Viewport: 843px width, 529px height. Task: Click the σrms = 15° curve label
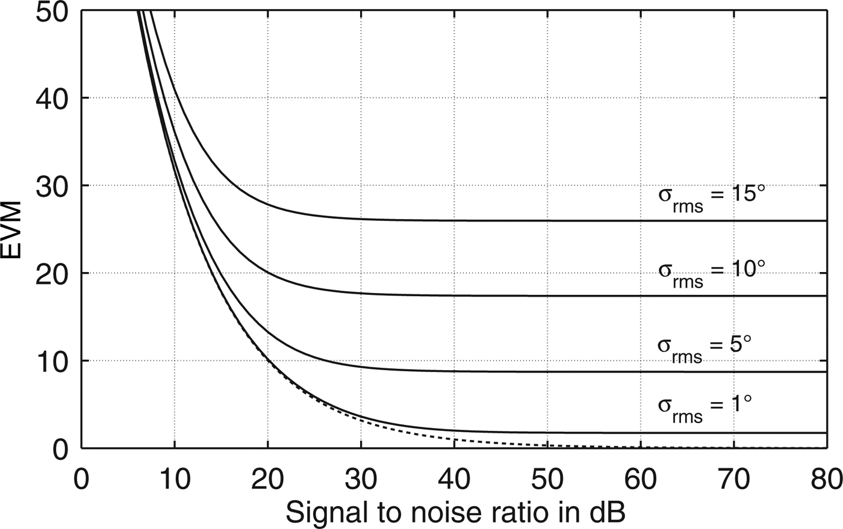pyautogui.click(x=711, y=199)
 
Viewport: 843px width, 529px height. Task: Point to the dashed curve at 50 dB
pyautogui.click(x=547, y=446)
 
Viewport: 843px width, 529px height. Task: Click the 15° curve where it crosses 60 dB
pyautogui.click(x=641, y=220)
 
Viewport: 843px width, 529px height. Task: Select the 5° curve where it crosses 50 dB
pyautogui.click(x=547, y=371)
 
